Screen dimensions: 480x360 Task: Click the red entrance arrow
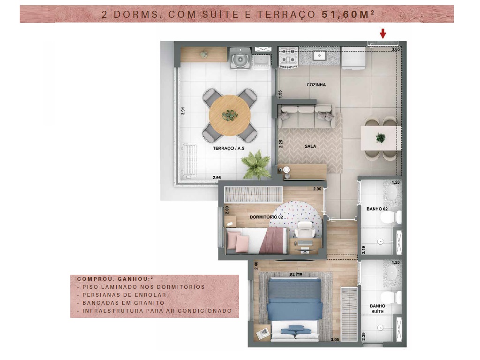(382, 33)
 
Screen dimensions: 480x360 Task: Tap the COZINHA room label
(316, 85)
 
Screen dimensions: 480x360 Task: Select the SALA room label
(310, 146)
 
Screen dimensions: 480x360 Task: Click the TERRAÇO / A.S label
(229, 148)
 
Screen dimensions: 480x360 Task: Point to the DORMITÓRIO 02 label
(266, 217)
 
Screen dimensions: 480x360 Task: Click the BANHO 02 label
(377, 209)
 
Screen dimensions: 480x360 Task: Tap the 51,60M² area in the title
(348, 14)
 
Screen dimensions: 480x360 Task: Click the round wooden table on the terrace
(230, 115)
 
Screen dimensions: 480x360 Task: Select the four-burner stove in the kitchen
(288, 57)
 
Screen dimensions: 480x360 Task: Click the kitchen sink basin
(319, 55)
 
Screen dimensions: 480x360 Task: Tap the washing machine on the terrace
(240, 58)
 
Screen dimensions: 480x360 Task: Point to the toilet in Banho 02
(391, 217)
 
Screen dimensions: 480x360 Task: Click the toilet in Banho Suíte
(391, 298)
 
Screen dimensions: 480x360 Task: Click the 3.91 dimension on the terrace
(183, 111)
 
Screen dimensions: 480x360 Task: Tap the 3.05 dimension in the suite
(335, 339)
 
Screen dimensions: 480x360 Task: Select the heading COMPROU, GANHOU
(114, 279)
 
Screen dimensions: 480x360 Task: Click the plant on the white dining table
(381, 138)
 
